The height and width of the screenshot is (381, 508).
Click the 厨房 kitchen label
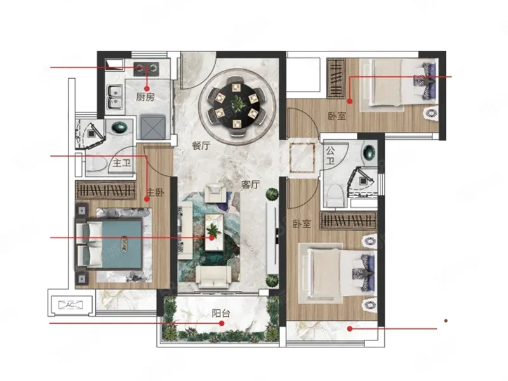[x=145, y=97]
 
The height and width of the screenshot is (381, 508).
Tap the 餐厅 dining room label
[x=201, y=145]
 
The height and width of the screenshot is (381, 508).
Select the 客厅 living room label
[x=251, y=184]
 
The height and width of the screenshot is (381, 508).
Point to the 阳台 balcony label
[x=221, y=313]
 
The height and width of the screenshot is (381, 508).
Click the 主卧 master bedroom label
[x=156, y=192]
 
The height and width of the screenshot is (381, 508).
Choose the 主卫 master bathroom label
[x=122, y=163]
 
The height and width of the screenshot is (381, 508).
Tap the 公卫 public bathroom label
[x=330, y=155]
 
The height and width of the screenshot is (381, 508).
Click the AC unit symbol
[x=70, y=305]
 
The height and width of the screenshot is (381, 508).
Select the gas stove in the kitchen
[x=146, y=69]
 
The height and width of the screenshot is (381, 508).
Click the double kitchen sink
[x=115, y=97]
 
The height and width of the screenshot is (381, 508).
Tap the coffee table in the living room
[x=215, y=232]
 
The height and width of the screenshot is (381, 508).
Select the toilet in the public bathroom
[x=335, y=196]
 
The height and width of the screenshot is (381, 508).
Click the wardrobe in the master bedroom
[x=105, y=190]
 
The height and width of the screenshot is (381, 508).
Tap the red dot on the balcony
[x=222, y=323]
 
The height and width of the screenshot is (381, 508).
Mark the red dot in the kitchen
[x=147, y=88]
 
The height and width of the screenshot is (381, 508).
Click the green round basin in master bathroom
[x=119, y=127]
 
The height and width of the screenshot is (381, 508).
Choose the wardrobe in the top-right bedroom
[x=337, y=77]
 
